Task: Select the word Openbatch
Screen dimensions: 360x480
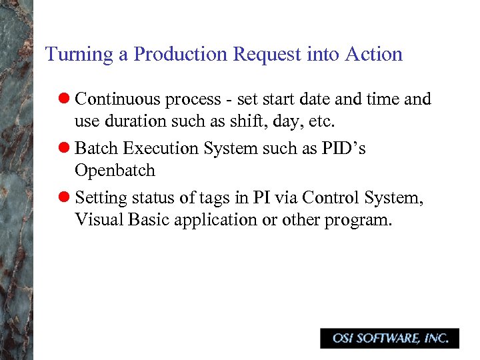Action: point(115,171)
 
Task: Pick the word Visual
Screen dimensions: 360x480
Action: point(96,221)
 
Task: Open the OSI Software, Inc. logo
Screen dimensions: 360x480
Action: point(389,339)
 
